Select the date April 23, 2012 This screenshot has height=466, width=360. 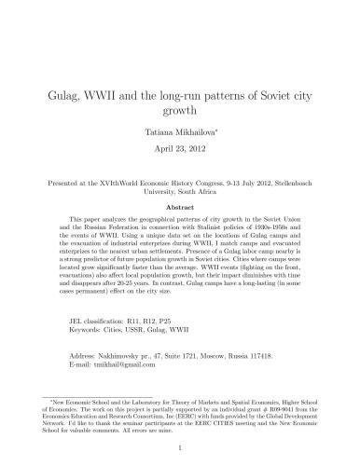coord(180,150)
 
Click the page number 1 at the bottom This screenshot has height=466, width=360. coord(180,445)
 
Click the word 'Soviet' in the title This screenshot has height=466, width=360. coord(257,94)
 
